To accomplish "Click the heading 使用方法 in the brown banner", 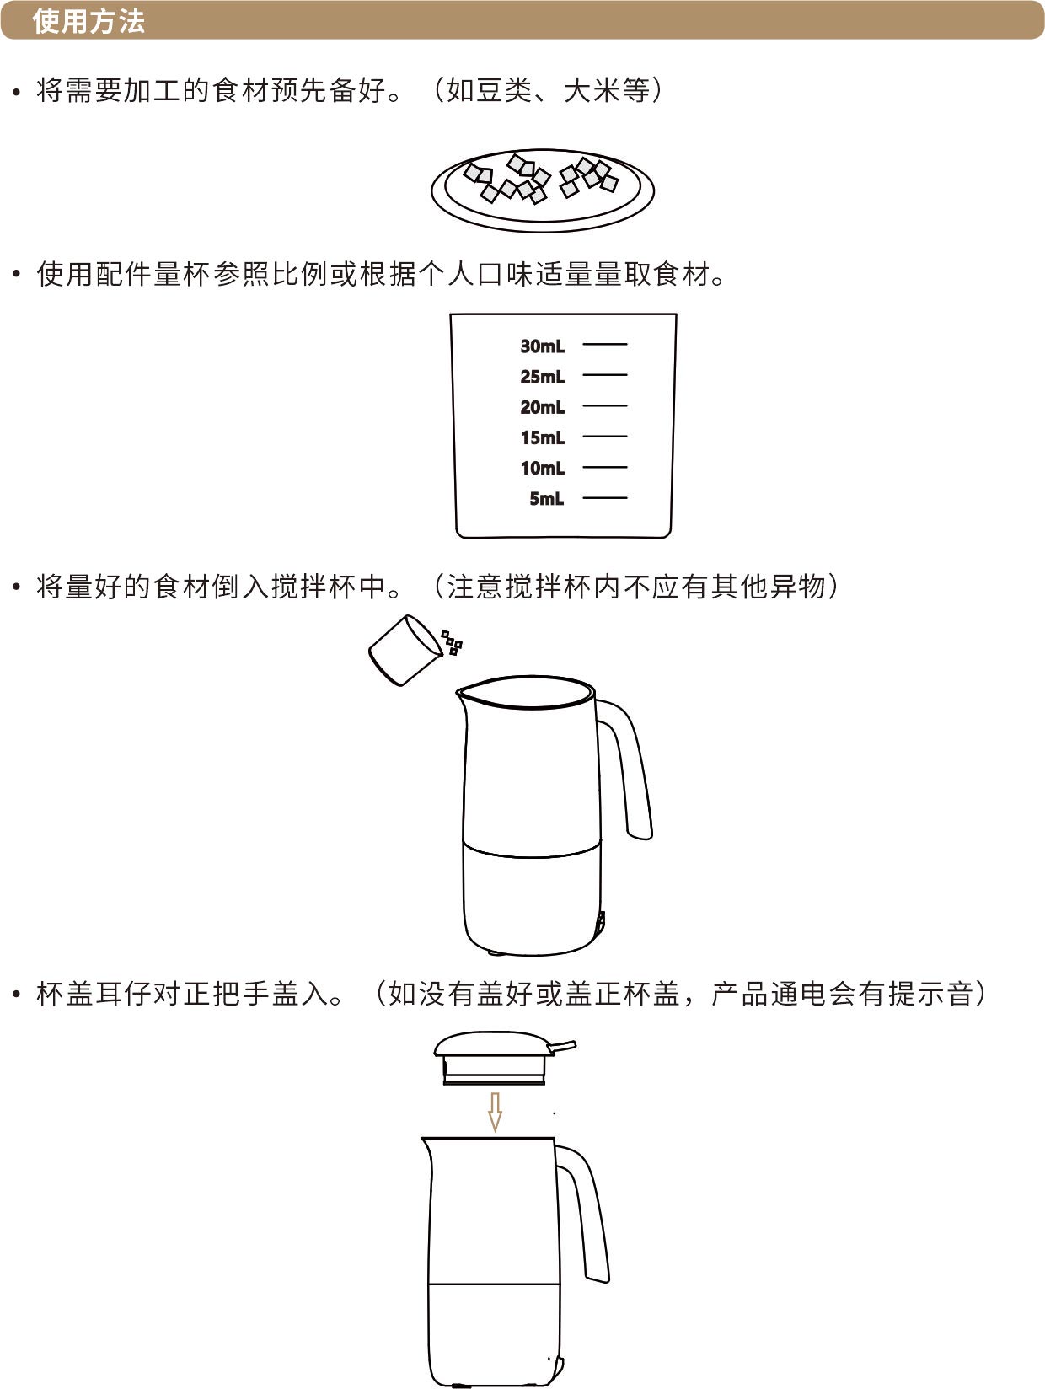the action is pos(88,21).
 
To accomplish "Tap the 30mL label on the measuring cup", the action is pos(542,346).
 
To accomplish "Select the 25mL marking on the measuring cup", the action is pos(542,377).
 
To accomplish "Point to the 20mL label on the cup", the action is pos(542,407).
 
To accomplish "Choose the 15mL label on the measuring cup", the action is pos(542,437).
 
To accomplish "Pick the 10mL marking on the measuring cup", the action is pos(542,469).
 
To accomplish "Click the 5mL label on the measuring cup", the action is pos(547,499).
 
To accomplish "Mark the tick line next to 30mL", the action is pos(605,344).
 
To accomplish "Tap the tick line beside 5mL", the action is pos(605,498).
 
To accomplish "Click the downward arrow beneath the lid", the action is pos(496,1112).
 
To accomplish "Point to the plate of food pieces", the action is pos(543,190).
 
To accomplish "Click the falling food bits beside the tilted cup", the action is pos(452,642).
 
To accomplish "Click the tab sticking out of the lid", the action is pos(562,1048).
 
